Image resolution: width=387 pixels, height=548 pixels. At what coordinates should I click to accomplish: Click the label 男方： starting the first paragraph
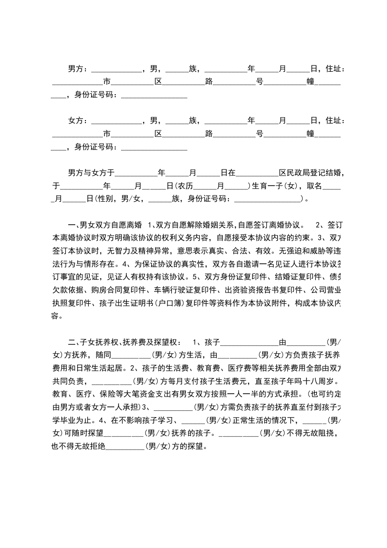point(78,69)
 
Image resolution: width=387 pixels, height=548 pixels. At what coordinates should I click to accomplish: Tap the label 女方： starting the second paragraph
point(78,121)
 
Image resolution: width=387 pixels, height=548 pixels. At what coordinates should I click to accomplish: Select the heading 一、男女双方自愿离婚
point(105,225)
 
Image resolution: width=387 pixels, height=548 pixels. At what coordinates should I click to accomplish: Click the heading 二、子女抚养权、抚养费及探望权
point(125,341)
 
